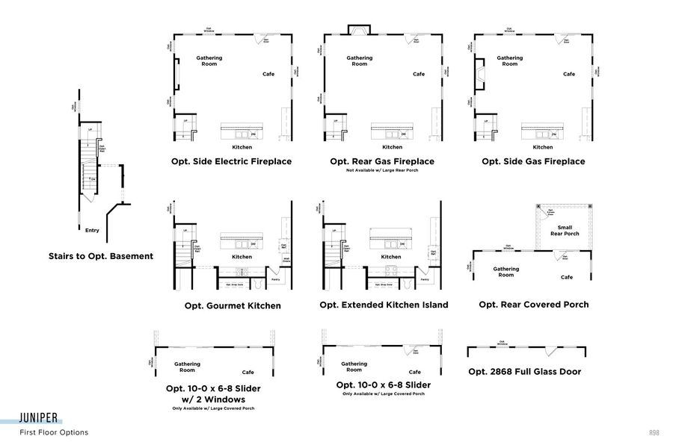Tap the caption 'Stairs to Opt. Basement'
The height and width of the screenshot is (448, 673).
(x=101, y=256)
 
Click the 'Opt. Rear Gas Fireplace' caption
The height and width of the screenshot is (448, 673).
(x=382, y=161)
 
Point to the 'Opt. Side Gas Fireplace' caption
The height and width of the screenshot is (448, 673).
(x=533, y=161)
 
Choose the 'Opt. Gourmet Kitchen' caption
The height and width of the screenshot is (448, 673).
(x=233, y=305)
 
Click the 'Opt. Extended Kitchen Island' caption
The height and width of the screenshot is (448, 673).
(x=384, y=305)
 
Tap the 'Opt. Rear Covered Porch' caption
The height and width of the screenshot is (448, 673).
(x=534, y=305)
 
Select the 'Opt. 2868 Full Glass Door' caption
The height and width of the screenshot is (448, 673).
(x=524, y=371)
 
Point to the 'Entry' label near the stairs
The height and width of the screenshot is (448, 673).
(x=93, y=231)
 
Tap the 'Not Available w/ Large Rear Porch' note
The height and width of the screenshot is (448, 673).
(x=382, y=172)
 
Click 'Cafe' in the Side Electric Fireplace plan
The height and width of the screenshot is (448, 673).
(x=268, y=74)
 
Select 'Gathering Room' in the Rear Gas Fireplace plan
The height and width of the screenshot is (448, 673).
(x=360, y=60)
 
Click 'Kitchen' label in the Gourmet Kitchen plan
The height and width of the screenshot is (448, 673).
(x=242, y=257)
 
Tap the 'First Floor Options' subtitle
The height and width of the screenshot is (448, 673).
(x=54, y=432)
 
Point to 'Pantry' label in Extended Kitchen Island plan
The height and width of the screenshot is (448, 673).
(x=425, y=279)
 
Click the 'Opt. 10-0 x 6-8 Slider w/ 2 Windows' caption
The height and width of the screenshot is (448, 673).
(x=213, y=393)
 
